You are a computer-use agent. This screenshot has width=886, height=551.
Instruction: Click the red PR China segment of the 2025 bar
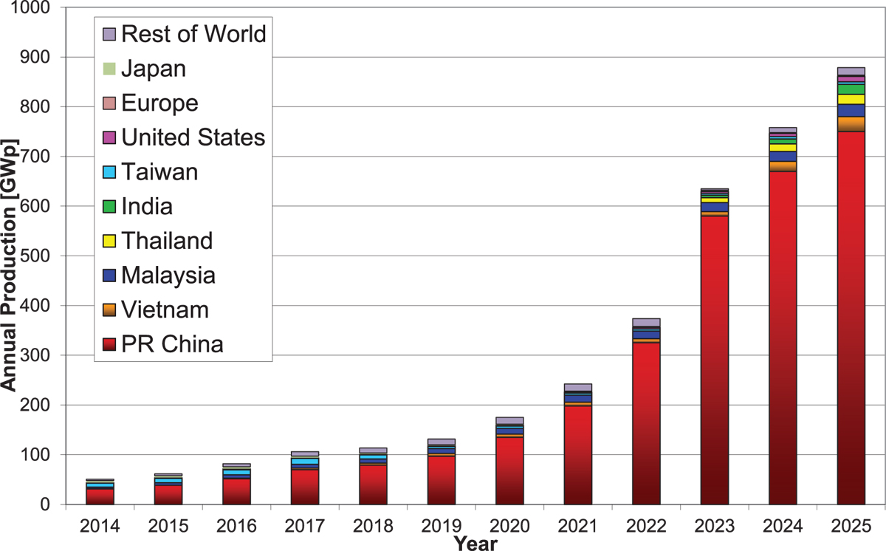click(851, 318)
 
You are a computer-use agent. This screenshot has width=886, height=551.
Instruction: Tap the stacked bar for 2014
click(100, 492)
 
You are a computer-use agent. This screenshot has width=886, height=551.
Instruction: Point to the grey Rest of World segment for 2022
click(646, 322)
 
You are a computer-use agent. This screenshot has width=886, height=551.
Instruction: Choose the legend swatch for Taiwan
click(109, 172)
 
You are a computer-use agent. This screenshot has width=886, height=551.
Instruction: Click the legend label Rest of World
click(193, 34)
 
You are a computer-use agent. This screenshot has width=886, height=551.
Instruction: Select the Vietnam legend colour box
click(109, 310)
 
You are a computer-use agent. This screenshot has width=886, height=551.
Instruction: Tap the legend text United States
click(193, 137)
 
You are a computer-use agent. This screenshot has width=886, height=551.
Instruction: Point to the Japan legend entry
click(154, 69)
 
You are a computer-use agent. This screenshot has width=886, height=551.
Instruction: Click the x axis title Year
click(475, 543)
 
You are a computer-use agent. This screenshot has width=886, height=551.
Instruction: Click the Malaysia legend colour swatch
click(109, 275)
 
